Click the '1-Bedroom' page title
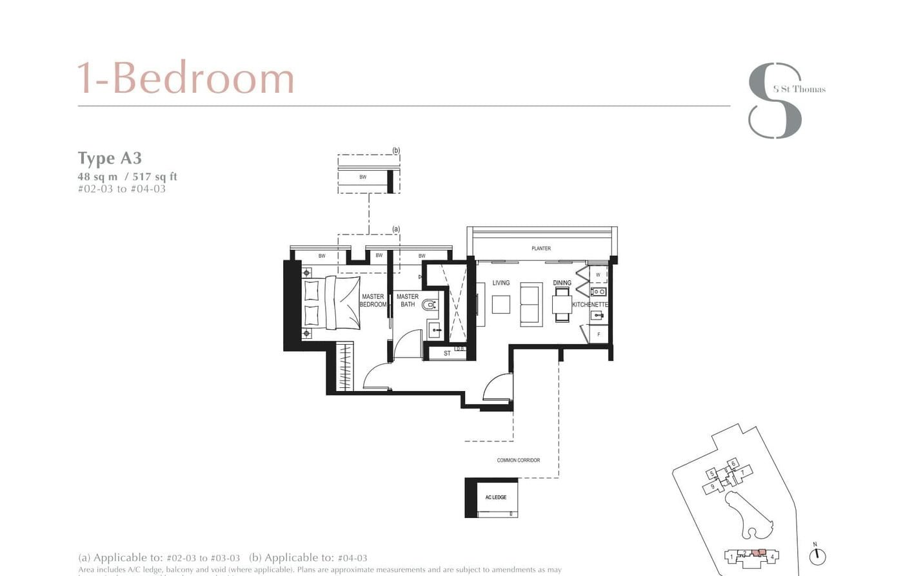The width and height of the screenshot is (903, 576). point(186,79)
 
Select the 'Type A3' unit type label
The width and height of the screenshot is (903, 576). point(110,158)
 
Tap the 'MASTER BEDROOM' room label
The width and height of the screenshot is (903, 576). point(373,301)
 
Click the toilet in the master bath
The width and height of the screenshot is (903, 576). point(429,303)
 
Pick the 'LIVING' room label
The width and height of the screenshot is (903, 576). point(501,283)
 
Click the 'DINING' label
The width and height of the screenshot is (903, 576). point(562,283)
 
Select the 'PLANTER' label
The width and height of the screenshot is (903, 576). point(541,248)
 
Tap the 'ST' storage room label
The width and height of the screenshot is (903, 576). point(447,353)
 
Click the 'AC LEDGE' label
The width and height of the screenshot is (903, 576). point(496,497)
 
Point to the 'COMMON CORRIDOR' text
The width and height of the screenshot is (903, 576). point(518,460)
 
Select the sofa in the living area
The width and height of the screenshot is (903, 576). point(531,303)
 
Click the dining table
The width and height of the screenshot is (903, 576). point(562,303)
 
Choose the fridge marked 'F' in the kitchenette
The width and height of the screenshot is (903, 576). point(599,334)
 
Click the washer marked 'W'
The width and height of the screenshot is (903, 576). point(598,275)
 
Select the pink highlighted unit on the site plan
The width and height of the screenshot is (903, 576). point(760,553)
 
